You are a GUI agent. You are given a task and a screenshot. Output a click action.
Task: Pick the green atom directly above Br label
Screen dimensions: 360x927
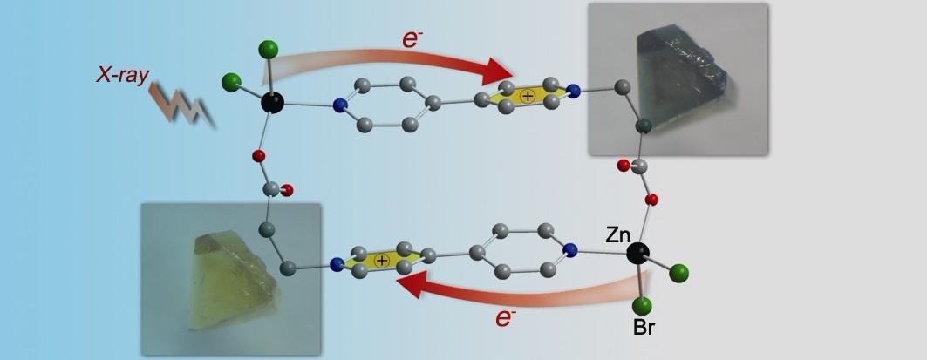click(642, 305)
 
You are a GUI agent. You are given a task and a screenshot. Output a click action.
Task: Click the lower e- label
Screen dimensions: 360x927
click(502, 318)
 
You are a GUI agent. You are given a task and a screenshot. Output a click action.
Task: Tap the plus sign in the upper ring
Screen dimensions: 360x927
click(524, 97)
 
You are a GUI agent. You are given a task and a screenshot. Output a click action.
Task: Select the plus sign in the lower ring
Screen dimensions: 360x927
click(380, 261)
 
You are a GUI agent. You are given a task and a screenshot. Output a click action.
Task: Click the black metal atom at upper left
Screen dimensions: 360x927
click(273, 102)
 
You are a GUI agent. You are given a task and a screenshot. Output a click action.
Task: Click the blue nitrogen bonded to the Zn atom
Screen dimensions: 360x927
click(570, 251)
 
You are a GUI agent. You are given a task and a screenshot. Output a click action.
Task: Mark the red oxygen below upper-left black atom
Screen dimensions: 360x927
click(258, 157)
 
